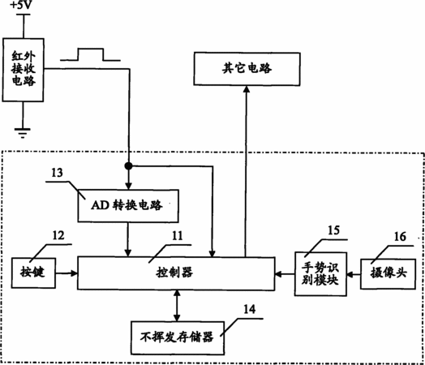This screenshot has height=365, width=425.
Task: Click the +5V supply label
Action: click(x=21, y=5)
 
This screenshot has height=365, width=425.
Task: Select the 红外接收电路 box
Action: click(x=23, y=70)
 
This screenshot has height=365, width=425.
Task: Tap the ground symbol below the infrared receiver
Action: click(x=23, y=133)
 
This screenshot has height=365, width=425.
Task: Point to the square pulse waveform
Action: click(x=90, y=54)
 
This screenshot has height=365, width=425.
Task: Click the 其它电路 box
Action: click(x=247, y=69)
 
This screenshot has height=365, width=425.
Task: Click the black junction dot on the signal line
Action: click(x=128, y=165)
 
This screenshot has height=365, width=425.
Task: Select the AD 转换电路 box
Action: click(x=128, y=206)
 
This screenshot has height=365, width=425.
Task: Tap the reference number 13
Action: click(x=57, y=173)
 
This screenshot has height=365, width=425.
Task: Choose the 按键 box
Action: click(x=33, y=273)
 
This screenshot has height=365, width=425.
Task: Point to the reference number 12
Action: click(x=58, y=235)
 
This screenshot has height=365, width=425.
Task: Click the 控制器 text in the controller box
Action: click(x=174, y=273)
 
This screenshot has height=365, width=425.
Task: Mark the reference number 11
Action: click(x=178, y=236)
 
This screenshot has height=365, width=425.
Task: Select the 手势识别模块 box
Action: click(x=320, y=274)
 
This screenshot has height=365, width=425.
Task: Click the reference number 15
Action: click(x=333, y=230)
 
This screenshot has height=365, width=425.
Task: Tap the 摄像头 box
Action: click(x=388, y=274)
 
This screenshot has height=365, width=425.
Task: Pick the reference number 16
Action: click(x=400, y=237)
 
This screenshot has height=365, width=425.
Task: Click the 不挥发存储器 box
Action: click(x=178, y=338)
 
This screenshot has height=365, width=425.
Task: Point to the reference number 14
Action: click(x=249, y=309)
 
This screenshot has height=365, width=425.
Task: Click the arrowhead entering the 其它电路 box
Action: click(x=247, y=89)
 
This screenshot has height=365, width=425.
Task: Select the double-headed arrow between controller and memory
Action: click(x=177, y=306)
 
